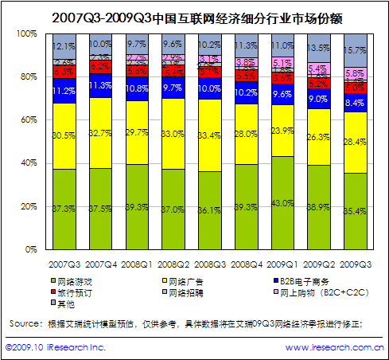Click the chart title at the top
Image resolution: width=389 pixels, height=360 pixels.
194,14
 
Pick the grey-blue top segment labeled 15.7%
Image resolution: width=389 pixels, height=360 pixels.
356,50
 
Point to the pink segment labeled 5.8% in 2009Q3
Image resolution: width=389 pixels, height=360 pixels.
356,73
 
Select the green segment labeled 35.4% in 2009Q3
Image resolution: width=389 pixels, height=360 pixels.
356,210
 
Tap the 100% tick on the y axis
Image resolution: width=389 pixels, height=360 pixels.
26,33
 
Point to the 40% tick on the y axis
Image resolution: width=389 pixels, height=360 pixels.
28,162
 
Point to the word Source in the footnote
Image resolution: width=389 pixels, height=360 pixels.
24,323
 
